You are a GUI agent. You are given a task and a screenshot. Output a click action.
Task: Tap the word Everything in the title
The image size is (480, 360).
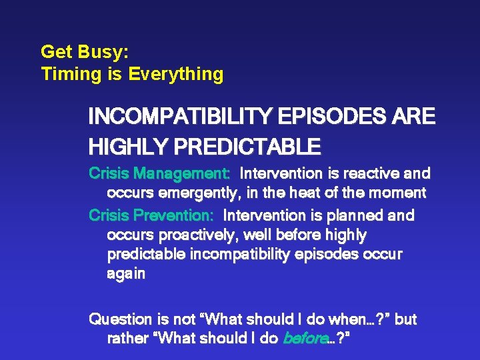point(176,74)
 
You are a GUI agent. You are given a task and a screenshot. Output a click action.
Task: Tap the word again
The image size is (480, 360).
point(126,274)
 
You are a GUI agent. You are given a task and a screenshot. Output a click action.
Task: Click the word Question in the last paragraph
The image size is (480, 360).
point(117,319)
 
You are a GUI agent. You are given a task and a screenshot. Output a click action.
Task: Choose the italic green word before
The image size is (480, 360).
point(305,339)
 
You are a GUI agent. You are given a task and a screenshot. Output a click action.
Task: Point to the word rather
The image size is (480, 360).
point(127,339)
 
